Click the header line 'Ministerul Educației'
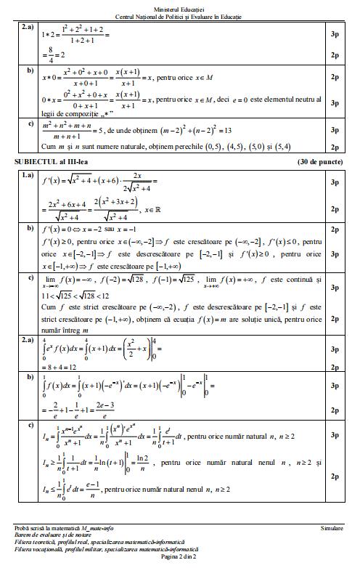pyautogui.click(x=180, y=7)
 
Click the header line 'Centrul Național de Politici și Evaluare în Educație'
pyautogui.click(x=180, y=15)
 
